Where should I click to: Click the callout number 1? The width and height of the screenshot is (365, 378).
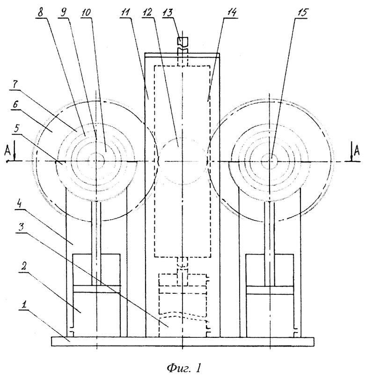[24, 305]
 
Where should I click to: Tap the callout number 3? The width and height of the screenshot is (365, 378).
[21, 227]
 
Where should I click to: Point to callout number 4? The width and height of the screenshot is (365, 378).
[20, 204]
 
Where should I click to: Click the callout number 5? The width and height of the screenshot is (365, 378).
[16, 128]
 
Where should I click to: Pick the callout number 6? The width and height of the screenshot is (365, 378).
[15, 105]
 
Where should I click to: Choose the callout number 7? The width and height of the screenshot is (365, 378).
[15, 84]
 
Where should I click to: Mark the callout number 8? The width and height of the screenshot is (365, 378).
[40, 13]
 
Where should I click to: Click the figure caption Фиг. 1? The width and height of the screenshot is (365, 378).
[183, 368]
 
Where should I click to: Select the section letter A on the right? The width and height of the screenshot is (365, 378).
[357, 151]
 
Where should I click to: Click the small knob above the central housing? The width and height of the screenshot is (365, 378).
[182, 42]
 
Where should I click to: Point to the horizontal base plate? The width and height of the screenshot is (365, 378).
[182, 342]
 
